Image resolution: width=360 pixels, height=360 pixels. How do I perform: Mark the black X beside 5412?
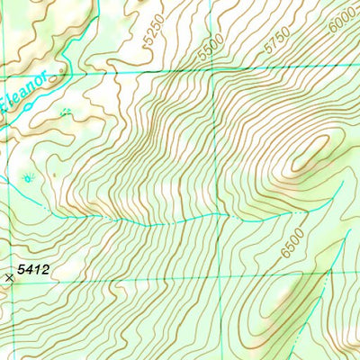coord(10,278)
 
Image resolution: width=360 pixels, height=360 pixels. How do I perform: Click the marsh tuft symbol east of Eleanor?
coord(66,112)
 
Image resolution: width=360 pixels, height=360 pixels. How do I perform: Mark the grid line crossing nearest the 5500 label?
coord(214,70)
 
